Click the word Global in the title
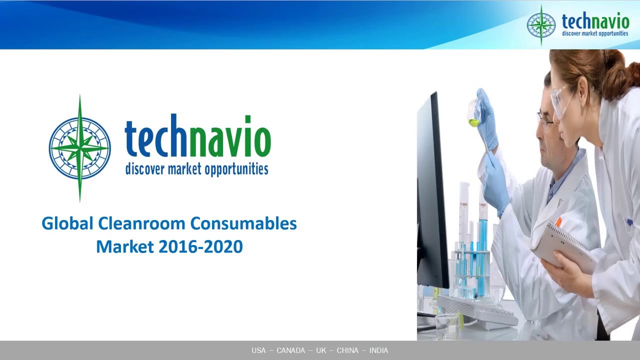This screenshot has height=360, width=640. pyautogui.click(x=67, y=223)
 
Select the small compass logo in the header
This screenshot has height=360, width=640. pyautogui.click(x=541, y=25)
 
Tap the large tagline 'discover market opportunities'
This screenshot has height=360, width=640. pyautogui.click(x=196, y=168)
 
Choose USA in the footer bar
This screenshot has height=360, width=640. pyautogui.click(x=258, y=350)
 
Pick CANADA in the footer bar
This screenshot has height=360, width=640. pyautogui.click(x=290, y=350)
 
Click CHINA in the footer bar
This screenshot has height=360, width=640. pyautogui.click(x=347, y=350)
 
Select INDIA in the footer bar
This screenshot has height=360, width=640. pyautogui.click(x=378, y=350)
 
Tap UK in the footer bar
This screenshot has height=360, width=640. pyautogui.click(x=320, y=350)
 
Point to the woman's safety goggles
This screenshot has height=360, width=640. pyautogui.click(x=561, y=102)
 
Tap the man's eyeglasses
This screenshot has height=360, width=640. pyautogui.click(x=545, y=119)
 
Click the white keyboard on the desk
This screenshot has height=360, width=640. pyautogui.click(x=477, y=310)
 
